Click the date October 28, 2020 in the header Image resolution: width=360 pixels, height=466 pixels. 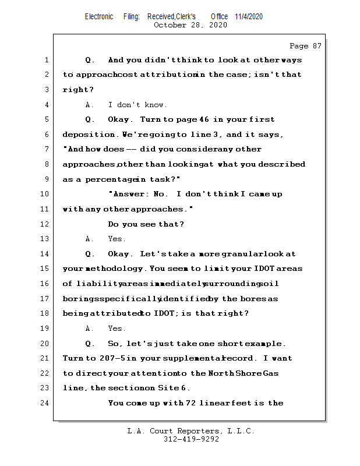190,25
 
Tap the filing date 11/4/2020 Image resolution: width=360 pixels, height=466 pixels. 249,16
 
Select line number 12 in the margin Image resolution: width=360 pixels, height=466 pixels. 46,224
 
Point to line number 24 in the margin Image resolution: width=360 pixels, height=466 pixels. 46,403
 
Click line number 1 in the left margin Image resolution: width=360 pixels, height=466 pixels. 46,60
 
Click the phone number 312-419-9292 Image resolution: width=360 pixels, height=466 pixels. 191,439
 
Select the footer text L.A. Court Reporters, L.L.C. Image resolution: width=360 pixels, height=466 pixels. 190,431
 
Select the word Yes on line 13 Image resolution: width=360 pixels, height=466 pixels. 117,239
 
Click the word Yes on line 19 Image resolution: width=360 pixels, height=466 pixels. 117,329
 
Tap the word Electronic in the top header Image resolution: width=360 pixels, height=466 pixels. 99,16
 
